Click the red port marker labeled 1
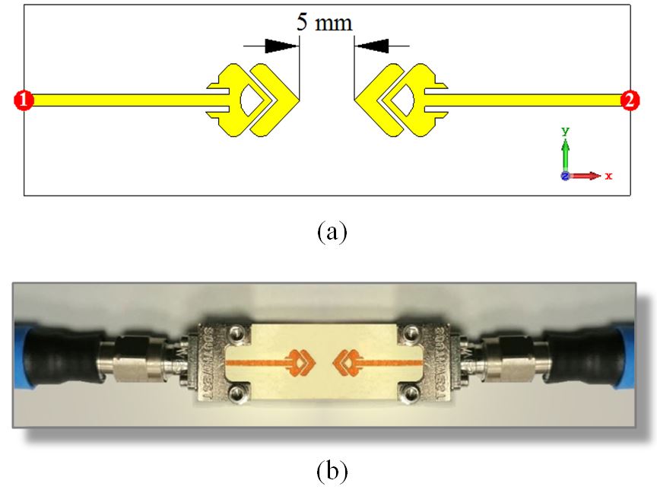[24, 100]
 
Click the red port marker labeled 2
[630, 100]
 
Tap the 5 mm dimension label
[324, 22]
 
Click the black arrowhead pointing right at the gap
[281, 46]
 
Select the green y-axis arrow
[565, 152]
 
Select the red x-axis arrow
[588, 176]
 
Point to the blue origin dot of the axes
[565, 176]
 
